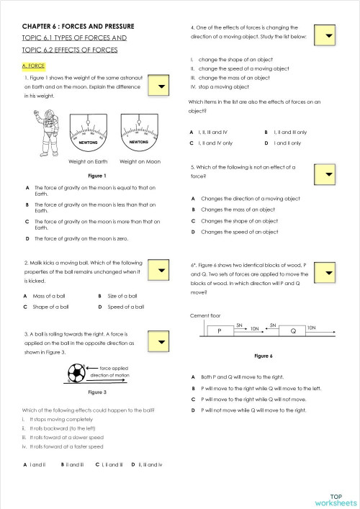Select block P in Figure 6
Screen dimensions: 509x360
[x=218, y=331]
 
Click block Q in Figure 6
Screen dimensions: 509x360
[x=292, y=331]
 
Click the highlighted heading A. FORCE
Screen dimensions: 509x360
[x=34, y=66]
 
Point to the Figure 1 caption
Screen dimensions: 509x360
[x=96, y=176]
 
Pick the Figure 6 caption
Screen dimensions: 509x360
[x=264, y=356]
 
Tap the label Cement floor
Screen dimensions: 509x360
[x=206, y=315]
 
